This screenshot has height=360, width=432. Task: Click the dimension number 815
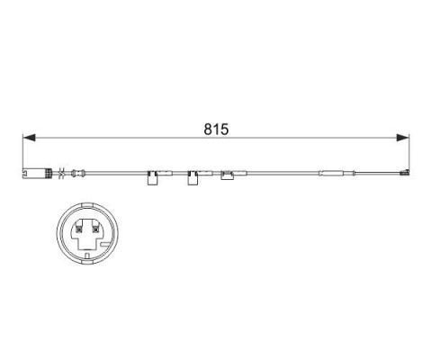[x=216, y=130]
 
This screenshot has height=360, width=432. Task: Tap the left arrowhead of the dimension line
[x=29, y=138]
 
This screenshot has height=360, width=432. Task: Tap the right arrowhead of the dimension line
[x=402, y=138]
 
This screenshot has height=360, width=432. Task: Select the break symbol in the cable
[x=62, y=173]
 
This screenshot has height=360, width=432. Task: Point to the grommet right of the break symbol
[x=78, y=173]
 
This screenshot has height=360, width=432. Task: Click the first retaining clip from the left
[x=153, y=177]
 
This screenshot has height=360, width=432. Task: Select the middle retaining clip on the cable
[x=193, y=177]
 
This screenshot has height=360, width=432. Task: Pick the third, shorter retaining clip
[x=228, y=175]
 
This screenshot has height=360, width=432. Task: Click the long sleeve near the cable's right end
[x=331, y=173]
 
